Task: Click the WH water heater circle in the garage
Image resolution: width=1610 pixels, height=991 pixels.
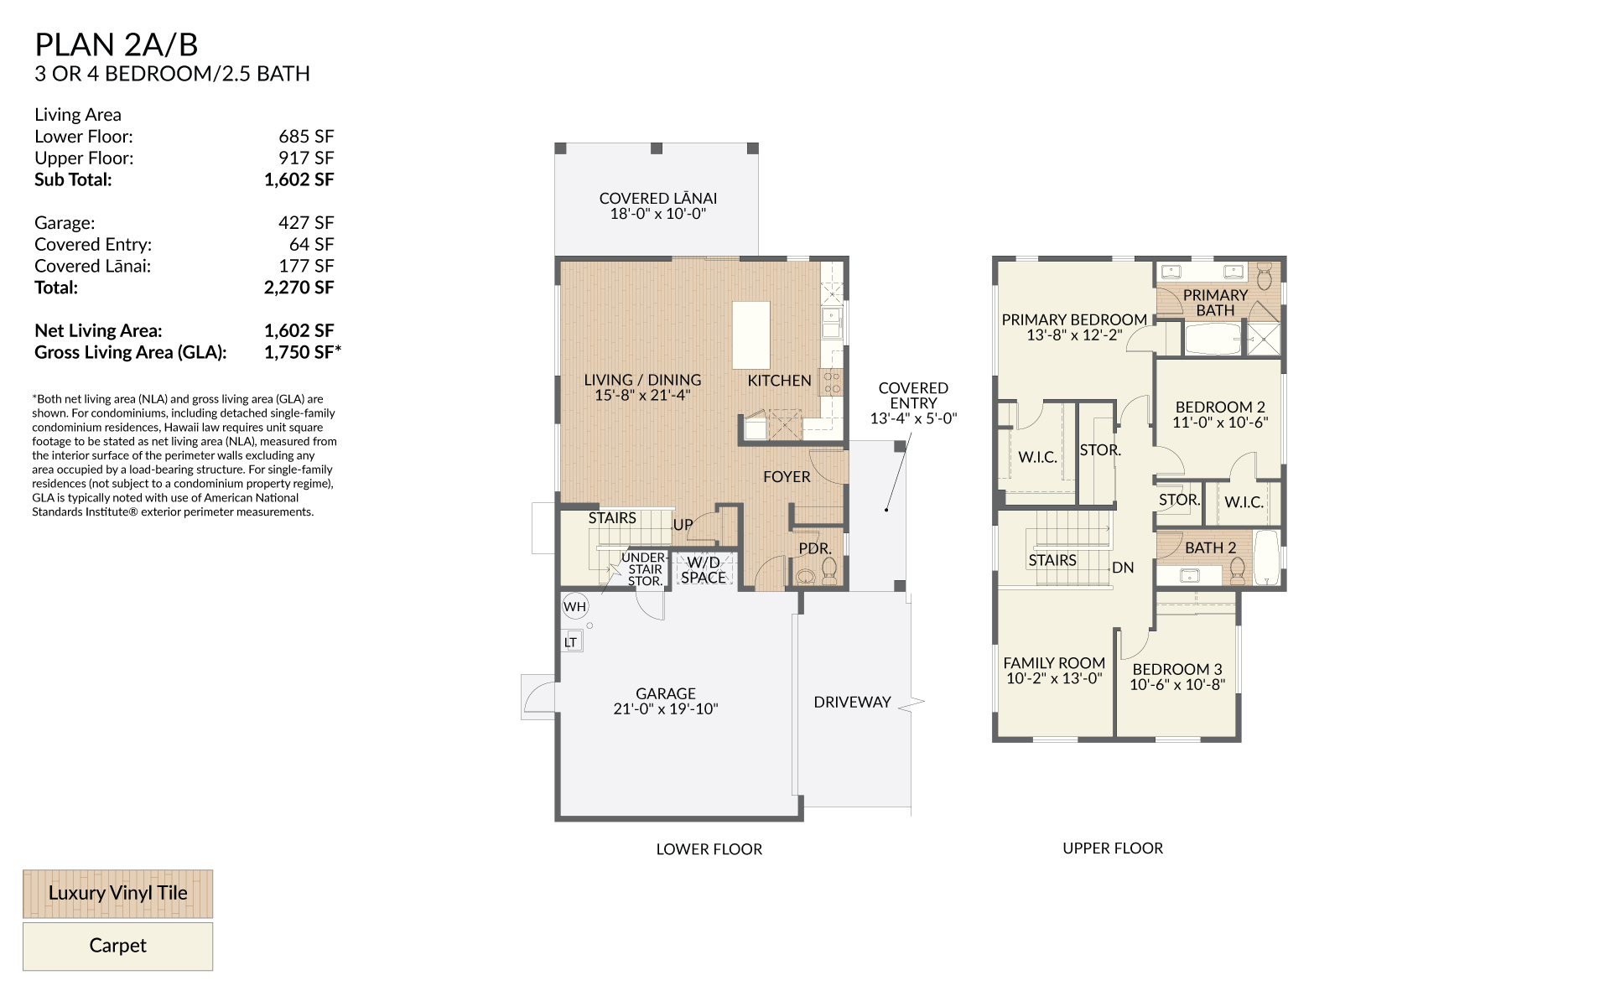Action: tap(574, 606)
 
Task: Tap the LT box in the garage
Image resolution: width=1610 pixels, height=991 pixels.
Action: tap(571, 642)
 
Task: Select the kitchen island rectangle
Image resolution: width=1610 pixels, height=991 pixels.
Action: tap(751, 335)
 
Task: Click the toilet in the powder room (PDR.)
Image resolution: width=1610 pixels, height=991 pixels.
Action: tap(829, 570)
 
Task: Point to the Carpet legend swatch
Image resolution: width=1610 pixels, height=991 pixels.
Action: tap(117, 946)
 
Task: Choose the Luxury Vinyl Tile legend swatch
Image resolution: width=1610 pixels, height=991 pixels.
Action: tap(117, 893)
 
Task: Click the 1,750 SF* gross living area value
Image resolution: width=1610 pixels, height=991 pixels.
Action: tap(303, 352)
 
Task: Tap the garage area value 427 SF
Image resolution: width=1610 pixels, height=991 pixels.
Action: tap(306, 222)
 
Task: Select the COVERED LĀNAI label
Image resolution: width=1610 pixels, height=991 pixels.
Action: tap(658, 198)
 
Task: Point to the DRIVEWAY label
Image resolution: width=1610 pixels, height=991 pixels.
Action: tap(852, 702)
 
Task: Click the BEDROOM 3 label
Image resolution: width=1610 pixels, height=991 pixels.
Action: tap(1177, 669)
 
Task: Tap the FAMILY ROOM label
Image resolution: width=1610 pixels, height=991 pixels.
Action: tap(1054, 662)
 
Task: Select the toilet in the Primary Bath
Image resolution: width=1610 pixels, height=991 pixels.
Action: tap(1265, 274)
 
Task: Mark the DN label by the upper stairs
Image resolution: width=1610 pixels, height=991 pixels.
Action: tap(1123, 568)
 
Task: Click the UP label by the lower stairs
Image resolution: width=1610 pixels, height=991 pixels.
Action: tap(683, 525)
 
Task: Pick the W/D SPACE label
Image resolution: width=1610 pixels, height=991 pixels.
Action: tap(704, 570)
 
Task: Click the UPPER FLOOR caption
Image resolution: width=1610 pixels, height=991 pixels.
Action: tap(1113, 848)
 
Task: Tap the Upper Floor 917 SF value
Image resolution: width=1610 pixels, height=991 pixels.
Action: tap(306, 158)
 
